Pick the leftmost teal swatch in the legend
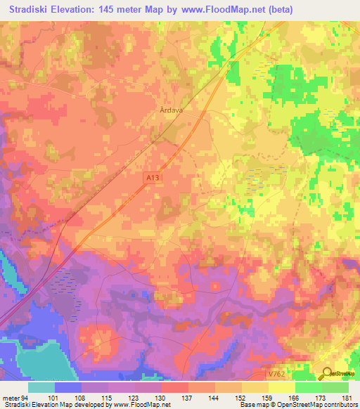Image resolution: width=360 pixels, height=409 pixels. click(41, 387)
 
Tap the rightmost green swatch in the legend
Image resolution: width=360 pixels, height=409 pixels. click(335, 387)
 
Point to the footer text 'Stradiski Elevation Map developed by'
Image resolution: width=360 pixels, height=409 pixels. click(49, 405)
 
